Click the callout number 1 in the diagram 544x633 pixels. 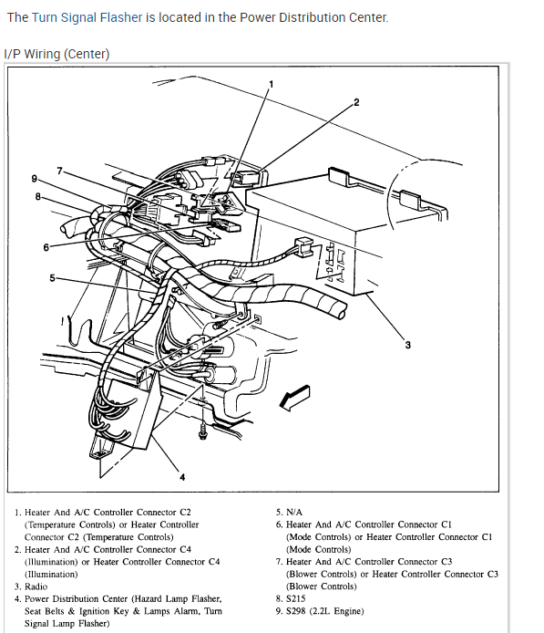pos(271,85)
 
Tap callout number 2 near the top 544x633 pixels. pos(356,102)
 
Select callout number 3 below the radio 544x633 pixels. pos(407,345)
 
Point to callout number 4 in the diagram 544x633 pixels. pos(182,477)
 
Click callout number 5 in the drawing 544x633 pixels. pos(52,278)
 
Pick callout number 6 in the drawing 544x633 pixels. pos(46,247)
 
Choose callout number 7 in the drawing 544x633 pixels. pos(59,171)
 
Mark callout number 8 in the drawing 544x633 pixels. pos(38,197)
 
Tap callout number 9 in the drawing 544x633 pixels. pos(35,179)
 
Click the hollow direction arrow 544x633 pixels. pos(295,398)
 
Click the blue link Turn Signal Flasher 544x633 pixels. pos(87,17)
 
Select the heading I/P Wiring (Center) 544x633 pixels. pos(56,54)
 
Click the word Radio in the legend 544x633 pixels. pos(36,586)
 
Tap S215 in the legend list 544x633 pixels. pos(295,598)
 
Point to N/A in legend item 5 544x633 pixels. pos(294,513)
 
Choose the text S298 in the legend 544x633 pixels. pos(295,611)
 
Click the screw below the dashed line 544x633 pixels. pos(202,431)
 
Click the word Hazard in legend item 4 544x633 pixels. pos(149,598)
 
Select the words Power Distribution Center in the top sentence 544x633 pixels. pos(313,17)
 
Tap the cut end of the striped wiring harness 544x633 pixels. pos(341,310)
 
